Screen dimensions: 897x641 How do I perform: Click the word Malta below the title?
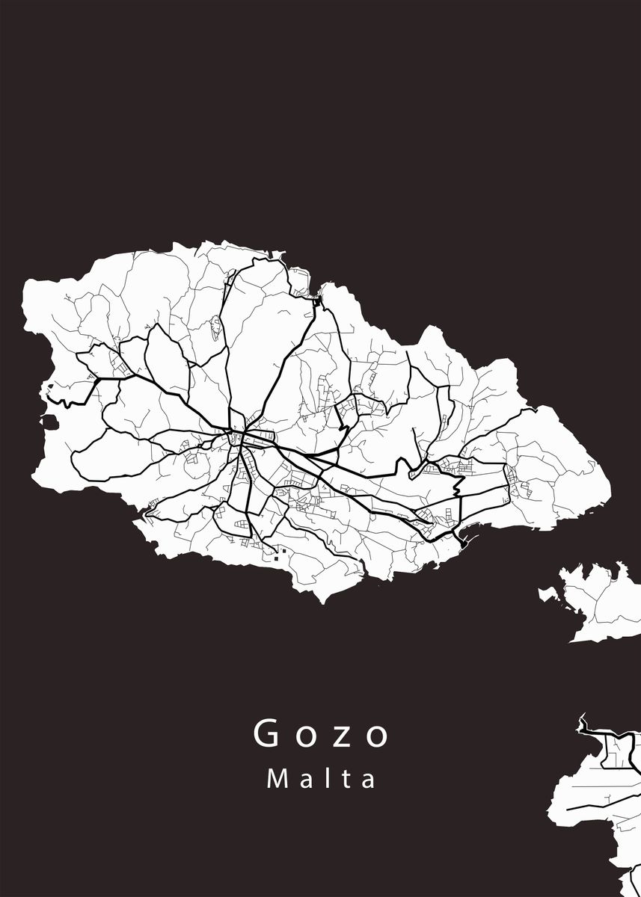322,779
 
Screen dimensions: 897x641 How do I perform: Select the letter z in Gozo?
342,736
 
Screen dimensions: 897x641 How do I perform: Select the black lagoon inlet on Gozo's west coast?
49,423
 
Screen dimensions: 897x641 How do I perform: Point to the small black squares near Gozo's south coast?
280,553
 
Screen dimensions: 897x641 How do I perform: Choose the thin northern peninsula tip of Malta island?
581,718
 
